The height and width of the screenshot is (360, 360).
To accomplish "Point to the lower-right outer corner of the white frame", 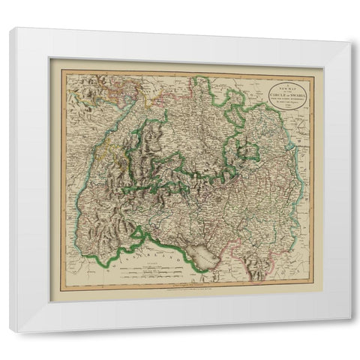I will point(349,331).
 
